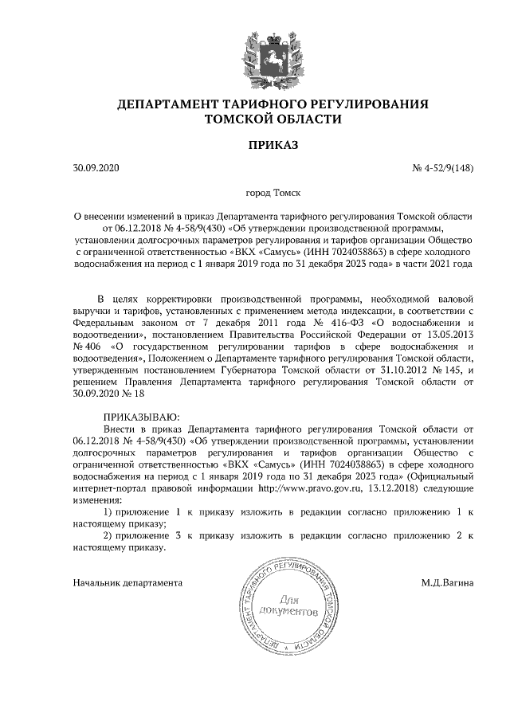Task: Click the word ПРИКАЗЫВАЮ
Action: (x=143, y=416)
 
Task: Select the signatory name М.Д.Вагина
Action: (x=448, y=582)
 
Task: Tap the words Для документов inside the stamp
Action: (x=288, y=605)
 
